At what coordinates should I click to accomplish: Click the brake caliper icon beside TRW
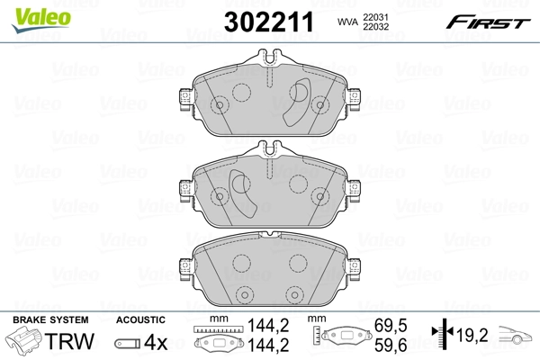pyautogui.click(x=26, y=342)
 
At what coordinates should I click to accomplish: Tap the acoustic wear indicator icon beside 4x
pyautogui.click(x=130, y=343)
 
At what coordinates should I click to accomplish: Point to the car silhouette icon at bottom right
pyautogui.click(x=517, y=338)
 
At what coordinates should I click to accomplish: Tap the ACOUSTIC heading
pyautogui.click(x=139, y=319)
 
